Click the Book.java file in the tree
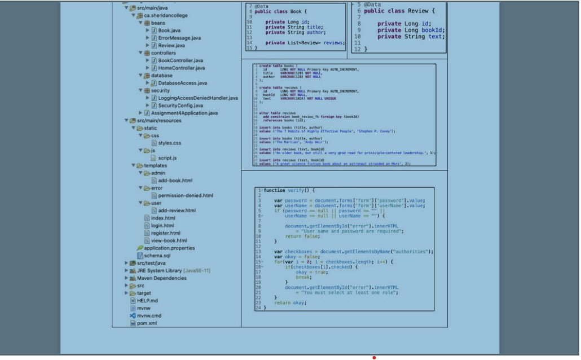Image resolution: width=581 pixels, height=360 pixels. [x=169, y=30]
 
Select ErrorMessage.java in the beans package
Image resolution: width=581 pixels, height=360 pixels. [x=179, y=38]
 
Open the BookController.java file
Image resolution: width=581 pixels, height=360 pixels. [x=181, y=60]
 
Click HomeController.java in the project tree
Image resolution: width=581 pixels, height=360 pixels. [x=181, y=68]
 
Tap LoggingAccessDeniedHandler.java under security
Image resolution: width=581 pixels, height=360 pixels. [x=197, y=98]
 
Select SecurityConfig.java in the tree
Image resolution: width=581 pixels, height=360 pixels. [x=181, y=106]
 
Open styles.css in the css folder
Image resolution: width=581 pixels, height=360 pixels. [x=169, y=143]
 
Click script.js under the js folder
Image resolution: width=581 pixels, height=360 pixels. [x=168, y=158]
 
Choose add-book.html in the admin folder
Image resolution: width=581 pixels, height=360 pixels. [x=175, y=181]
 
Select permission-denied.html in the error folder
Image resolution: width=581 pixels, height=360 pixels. [x=185, y=195]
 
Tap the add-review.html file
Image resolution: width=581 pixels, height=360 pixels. [x=177, y=210]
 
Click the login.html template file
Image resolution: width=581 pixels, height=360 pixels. [x=162, y=225]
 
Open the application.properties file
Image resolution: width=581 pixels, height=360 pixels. [x=169, y=248]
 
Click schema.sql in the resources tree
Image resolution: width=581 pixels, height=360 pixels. [x=157, y=256]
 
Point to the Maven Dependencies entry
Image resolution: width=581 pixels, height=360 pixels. [x=161, y=278]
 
